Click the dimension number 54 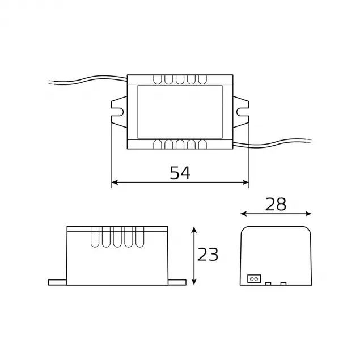[180, 172]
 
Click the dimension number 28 [276, 205]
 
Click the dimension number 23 [208, 255]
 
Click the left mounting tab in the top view [118, 111]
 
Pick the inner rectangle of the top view [179, 111]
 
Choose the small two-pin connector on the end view [253, 278]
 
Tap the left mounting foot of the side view [57, 281]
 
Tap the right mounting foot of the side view [176, 281]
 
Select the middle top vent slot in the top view [179, 79]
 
